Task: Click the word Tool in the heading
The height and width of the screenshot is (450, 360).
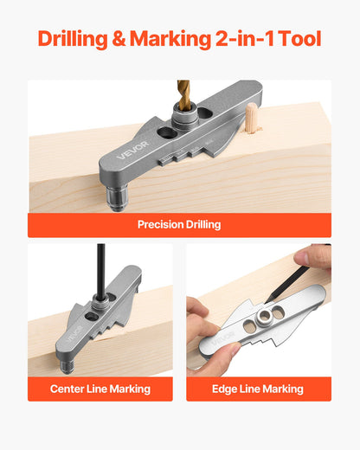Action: tap(299, 39)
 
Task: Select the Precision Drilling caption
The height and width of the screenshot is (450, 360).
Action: tap(179, 225)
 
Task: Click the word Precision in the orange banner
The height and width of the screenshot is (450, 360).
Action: tap(159, 225)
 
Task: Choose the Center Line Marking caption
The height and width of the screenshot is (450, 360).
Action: tap(100, 389)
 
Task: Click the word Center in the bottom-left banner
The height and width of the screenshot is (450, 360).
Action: tap(67, 389)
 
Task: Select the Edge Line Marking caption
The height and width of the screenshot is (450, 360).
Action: tap(258, 389)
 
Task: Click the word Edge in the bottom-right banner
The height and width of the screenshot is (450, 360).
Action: tap(226, 389)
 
